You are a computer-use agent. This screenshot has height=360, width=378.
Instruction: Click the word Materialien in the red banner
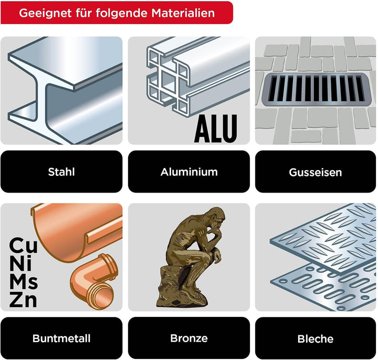pyautogui.click(x=183, y=13)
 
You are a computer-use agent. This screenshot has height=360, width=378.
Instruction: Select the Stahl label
pyautogui.click(x=61, y=172)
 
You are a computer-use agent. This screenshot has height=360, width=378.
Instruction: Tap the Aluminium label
pyautogui.click(x=189, y=172)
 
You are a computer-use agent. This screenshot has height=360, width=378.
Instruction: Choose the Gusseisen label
pyautogui.click(x=316, y=172)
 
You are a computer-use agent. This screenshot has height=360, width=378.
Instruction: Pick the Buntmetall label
pyautogui.click(x=61, y=338)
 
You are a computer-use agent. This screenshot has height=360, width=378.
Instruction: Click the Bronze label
pyautogui.click(x=189, y=338)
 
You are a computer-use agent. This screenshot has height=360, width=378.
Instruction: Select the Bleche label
pyautogui.click(x=316, y=338)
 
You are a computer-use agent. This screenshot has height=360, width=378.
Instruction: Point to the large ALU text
pyautogui.click(x=216, y=129)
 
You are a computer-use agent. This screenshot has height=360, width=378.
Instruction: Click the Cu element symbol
pyautogui.click(x=24, y=245)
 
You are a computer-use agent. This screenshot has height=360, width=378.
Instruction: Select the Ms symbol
pyautogui.click(x=24, y=282)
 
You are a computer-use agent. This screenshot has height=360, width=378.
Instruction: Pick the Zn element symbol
pyautogui.click(x=23, y=300)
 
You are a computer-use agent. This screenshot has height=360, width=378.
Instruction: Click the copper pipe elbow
pyautogui.click(x=93, y=281)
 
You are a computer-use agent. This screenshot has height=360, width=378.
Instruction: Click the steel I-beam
pyautogui.click(x=65, y=90)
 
